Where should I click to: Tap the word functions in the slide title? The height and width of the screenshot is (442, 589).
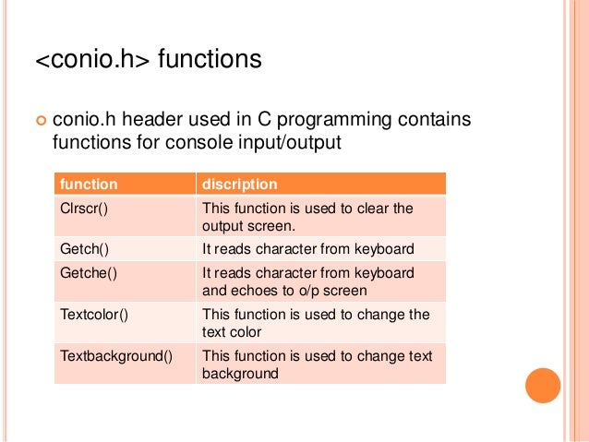point(210,61)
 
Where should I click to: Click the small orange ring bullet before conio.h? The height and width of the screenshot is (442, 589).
point(39,120)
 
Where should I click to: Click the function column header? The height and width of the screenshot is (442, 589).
point(89,184)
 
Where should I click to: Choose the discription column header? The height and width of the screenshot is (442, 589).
point(240,184)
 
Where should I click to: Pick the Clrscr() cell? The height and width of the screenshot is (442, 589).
point(84,208)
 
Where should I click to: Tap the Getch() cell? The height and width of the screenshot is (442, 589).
point(83,248)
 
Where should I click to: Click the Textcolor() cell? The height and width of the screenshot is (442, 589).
point(93,314)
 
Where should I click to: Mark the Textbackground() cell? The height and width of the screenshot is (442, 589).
point(116,354)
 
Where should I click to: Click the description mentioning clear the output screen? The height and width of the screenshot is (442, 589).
point(307,216)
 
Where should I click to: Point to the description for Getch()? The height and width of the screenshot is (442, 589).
point(307,248)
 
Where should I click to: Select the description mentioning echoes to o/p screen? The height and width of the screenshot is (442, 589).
point(307,281)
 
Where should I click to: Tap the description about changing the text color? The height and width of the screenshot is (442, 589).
point(315,322)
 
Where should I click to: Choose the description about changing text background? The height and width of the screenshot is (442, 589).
point(317,364)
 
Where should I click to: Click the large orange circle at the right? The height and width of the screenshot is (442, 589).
point(542,385)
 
